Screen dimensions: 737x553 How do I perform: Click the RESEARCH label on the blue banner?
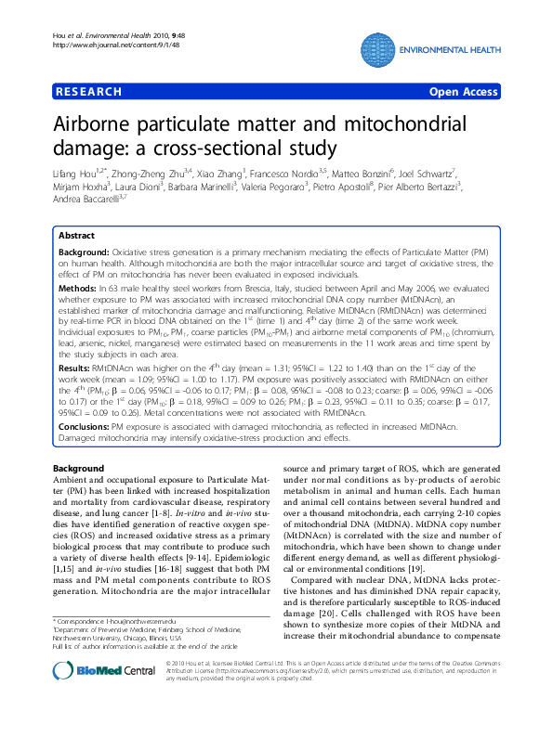pyautogui.click(x=89, y=92)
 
